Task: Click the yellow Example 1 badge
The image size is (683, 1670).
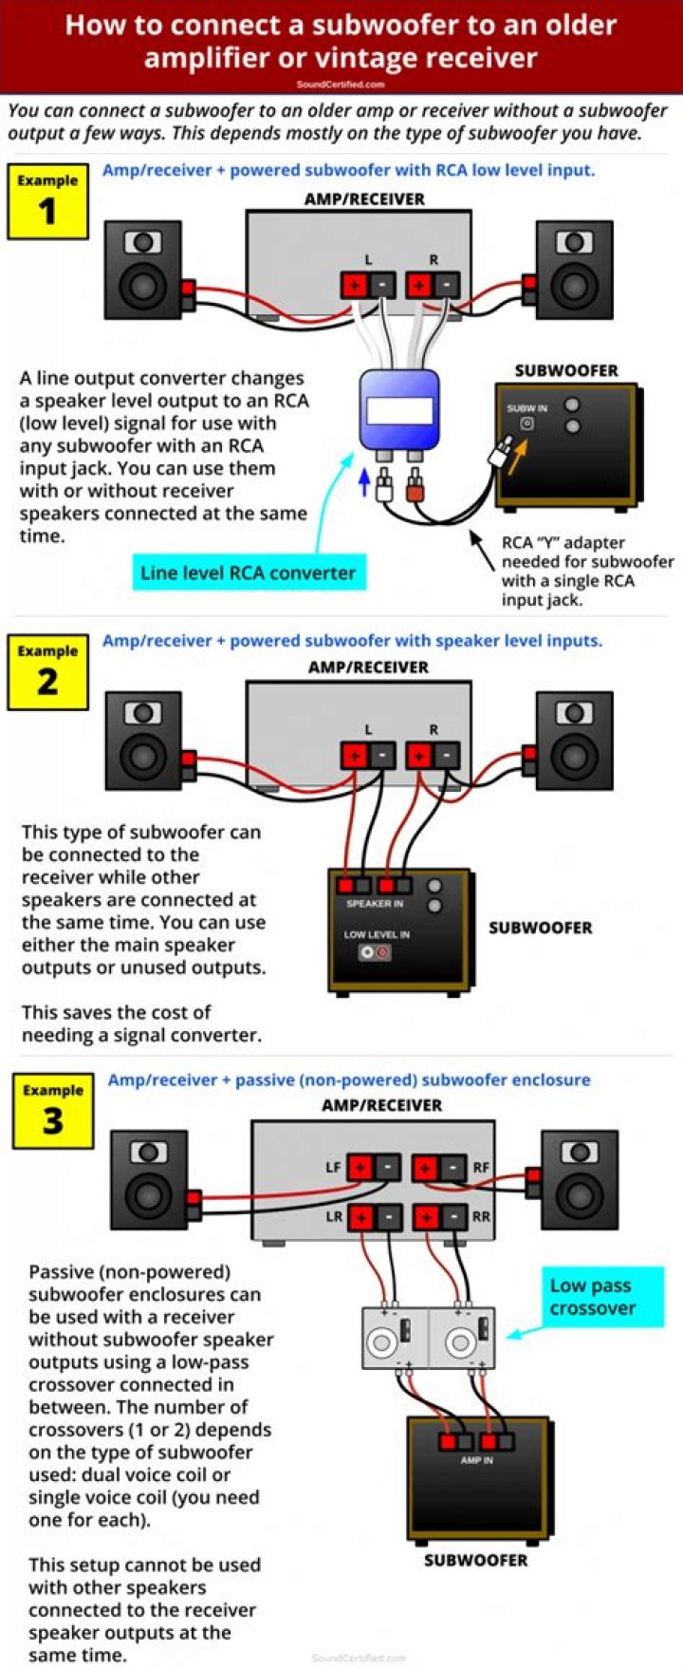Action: coord(47,201)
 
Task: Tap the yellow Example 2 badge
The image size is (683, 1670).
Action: coord(47,672)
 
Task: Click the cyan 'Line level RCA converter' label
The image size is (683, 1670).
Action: coord(248,573)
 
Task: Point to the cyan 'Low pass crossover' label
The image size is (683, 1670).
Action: coord(602,1297)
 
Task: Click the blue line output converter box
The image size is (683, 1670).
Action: coord(398,410)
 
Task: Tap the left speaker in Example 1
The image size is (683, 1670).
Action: coord(143,270)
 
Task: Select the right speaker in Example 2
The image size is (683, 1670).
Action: coord(574,741)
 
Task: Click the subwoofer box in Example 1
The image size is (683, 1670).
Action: coord(566,443)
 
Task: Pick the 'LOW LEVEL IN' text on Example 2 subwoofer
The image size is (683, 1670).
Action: coord(377,935)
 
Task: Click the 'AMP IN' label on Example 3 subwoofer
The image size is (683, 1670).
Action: coord(476,1460)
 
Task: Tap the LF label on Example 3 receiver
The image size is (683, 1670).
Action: coord(333,1168)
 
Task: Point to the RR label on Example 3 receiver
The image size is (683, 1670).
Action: coord(481,1216)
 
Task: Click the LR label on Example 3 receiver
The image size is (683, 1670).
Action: coord(334,1216)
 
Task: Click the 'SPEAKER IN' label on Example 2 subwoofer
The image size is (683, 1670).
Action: coord(375,904)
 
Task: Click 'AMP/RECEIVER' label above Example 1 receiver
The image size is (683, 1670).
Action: coord(364,199)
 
